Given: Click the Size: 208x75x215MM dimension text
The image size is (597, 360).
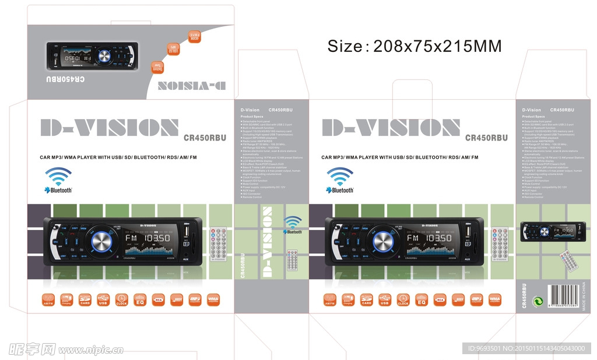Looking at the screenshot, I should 414,46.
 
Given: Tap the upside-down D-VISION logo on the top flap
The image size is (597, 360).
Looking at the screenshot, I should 189,85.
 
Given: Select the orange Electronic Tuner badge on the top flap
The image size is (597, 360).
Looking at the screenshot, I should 157,67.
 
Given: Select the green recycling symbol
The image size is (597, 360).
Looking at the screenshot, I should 538,300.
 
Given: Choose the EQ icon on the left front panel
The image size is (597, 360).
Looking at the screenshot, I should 140,300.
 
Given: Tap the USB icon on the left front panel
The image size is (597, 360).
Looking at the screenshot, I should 103,300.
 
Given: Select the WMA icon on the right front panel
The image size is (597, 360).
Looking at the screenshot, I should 495,300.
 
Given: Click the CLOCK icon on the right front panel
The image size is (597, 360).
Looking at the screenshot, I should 403,300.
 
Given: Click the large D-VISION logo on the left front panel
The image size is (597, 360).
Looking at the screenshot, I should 110,128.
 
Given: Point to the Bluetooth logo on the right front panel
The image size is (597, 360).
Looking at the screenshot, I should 340,181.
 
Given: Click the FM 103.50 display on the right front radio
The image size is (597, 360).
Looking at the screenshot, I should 431,238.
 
